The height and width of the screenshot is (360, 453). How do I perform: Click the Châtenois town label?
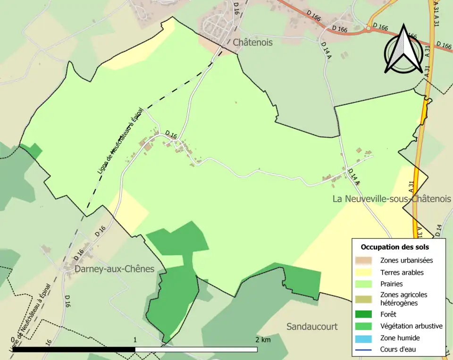[252, 42]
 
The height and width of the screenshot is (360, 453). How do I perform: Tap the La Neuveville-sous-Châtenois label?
[392, 199]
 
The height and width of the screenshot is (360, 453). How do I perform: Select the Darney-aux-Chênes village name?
[115, 269]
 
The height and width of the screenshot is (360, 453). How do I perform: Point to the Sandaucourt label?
[312, 327]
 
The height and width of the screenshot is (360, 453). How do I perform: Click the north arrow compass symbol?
[403, 50]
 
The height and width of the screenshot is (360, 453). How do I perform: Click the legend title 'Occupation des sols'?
[395, 247]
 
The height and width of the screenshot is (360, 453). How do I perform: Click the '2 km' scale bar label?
[263, 340]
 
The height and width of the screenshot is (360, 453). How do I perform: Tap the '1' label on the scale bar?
[135, 340]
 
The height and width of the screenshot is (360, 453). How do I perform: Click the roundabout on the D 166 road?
[369, 29]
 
